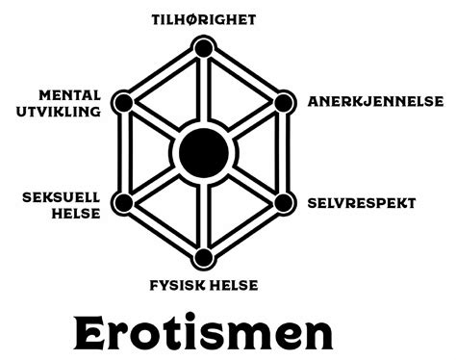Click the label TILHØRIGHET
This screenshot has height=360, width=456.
(203, 18)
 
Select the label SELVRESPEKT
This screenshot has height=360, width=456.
(362, 203)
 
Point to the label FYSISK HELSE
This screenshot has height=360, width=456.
(203, 284)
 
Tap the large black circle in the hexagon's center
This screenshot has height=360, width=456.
(203, 152)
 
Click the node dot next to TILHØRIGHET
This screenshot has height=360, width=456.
(203, 48)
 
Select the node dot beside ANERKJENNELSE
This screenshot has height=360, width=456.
(283, 102)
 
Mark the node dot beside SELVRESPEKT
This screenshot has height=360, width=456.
(283, 203)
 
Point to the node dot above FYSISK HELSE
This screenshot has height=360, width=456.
(203, 257)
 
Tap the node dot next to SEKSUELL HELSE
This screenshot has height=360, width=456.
(122, 203)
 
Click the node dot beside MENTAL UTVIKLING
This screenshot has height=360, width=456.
(122, 102)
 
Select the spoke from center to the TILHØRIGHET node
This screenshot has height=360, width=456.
(203, 91)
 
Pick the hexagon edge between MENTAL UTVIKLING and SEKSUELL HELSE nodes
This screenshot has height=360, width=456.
(122, 152)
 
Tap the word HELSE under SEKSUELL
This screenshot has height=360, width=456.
(76, 213)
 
